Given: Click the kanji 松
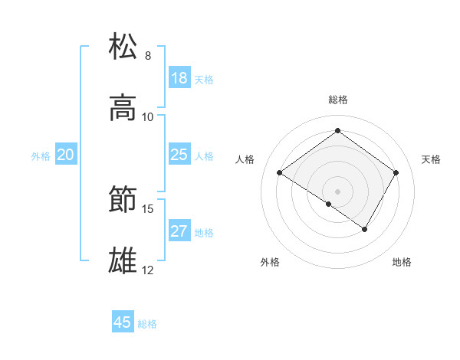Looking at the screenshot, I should pyautogui.click(x=123, y=47).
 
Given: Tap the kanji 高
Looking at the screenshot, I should pyautogui.click(x=123, y=108).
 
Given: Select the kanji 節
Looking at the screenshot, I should pyautogui.click(x=123, y=200).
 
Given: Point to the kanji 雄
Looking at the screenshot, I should pyautogui.click(x=123, y=261).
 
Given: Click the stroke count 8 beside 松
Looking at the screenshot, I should pyautogui.click(x=147, y=56).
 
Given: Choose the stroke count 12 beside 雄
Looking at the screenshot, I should pyautogui.click(x=148, y=270).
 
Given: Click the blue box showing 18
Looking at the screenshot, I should pyautogui.click(x=179, y=78).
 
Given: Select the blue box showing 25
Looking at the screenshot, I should pyautogui.click(x=179, y=155).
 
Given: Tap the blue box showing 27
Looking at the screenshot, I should pyautogui.click(x=179, y=231).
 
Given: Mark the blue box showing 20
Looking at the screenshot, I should pyautogui.click(x=66, y=155).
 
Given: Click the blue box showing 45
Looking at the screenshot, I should pyautogui.click(x=123, y=322).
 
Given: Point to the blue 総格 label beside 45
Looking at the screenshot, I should pyautogui.click(x=147, y=324).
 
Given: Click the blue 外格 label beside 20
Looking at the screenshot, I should pyautogui.click(x=41, y=156).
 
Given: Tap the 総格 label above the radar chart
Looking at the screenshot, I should pyautogui.click(x=337, y=100).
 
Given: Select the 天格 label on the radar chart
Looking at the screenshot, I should pyautogui.click(x=431, y=159).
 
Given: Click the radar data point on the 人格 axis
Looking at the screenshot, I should pyautogui.click(x=280, y=173).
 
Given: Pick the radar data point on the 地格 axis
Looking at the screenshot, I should pyautogui.click(x=365, y=229).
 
